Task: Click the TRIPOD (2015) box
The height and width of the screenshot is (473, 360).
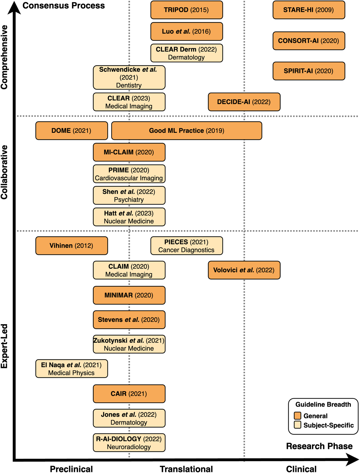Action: point(186,10)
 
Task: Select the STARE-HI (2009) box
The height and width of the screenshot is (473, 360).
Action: point(309,10)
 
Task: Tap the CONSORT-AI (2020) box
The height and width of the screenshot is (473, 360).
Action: point(309,41)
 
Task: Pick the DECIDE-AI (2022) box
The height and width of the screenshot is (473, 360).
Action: point(244,102)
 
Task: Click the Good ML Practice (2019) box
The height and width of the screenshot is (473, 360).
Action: point(186,131)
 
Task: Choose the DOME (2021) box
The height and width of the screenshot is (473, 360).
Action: point(71,131)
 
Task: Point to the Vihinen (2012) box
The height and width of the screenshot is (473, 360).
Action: point(71,246)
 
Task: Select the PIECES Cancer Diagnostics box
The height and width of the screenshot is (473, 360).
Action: point(186,246)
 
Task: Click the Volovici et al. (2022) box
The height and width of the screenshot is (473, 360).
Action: point(244,270)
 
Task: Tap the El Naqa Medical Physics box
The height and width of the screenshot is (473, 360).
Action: point(71,368)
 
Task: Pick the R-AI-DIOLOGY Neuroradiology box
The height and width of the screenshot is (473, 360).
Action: point(129,443)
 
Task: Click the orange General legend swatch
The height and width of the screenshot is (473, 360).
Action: point(297,416)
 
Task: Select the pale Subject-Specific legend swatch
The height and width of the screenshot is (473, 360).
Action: point(297,425)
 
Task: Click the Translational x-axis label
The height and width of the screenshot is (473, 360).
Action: point(186,469)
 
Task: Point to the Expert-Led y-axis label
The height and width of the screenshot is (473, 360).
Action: point(5,346)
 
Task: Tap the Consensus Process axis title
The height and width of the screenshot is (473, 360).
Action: point(63,6)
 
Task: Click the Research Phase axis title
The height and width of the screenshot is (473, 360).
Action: point(319,446)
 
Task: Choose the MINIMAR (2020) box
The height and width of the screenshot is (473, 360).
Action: point(129,295)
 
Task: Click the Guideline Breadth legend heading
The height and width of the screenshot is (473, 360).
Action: point(323,404)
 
